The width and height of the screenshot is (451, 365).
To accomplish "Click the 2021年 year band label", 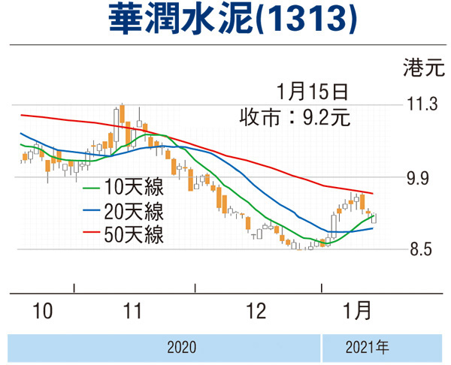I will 368,348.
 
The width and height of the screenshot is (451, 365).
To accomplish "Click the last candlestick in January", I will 374,218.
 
